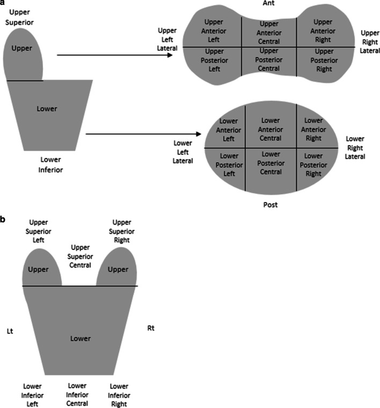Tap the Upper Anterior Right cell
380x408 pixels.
click(323, 31)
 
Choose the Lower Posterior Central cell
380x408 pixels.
click(271, 163)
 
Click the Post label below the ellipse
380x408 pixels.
click(271, 205)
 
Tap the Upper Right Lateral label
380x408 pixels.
click(369, 40)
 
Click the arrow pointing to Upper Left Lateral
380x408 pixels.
click(118, 55)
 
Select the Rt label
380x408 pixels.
click(151, 327)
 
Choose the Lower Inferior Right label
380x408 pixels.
click(118, 395)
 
